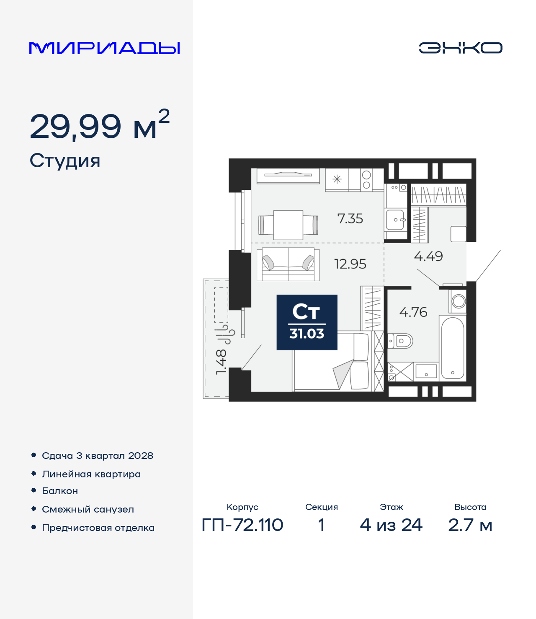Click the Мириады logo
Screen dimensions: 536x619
(x=104, y=48)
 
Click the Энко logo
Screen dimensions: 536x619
(x=460, y=48)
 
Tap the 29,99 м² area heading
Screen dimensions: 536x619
(x=100, y=124)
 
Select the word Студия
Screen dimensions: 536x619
(x=64, y=161)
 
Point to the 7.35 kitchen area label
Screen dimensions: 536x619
(x=350, y=219)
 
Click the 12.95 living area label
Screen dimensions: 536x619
(x=350, y=264)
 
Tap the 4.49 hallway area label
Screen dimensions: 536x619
(x=428, y=256)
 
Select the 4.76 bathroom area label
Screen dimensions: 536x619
(x=413, y=312)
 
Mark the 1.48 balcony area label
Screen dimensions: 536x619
(x=221, y=362)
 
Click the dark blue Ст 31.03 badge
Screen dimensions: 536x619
(x=307, y=322)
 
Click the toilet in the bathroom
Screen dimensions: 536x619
(x=400, y=341)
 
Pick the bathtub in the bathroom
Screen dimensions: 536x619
(x=453, y=348)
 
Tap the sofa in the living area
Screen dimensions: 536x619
(x=288, y=264)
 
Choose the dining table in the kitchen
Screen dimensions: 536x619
(x=288, y=225)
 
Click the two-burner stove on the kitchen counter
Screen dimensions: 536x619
(x=366, y=180)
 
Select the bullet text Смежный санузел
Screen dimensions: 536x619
(x=88, y=509)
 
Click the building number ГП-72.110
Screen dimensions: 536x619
(x=242, y=525)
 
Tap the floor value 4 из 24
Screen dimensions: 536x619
(x=391, y=525)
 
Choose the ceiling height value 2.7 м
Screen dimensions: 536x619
(x=470, y=525)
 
